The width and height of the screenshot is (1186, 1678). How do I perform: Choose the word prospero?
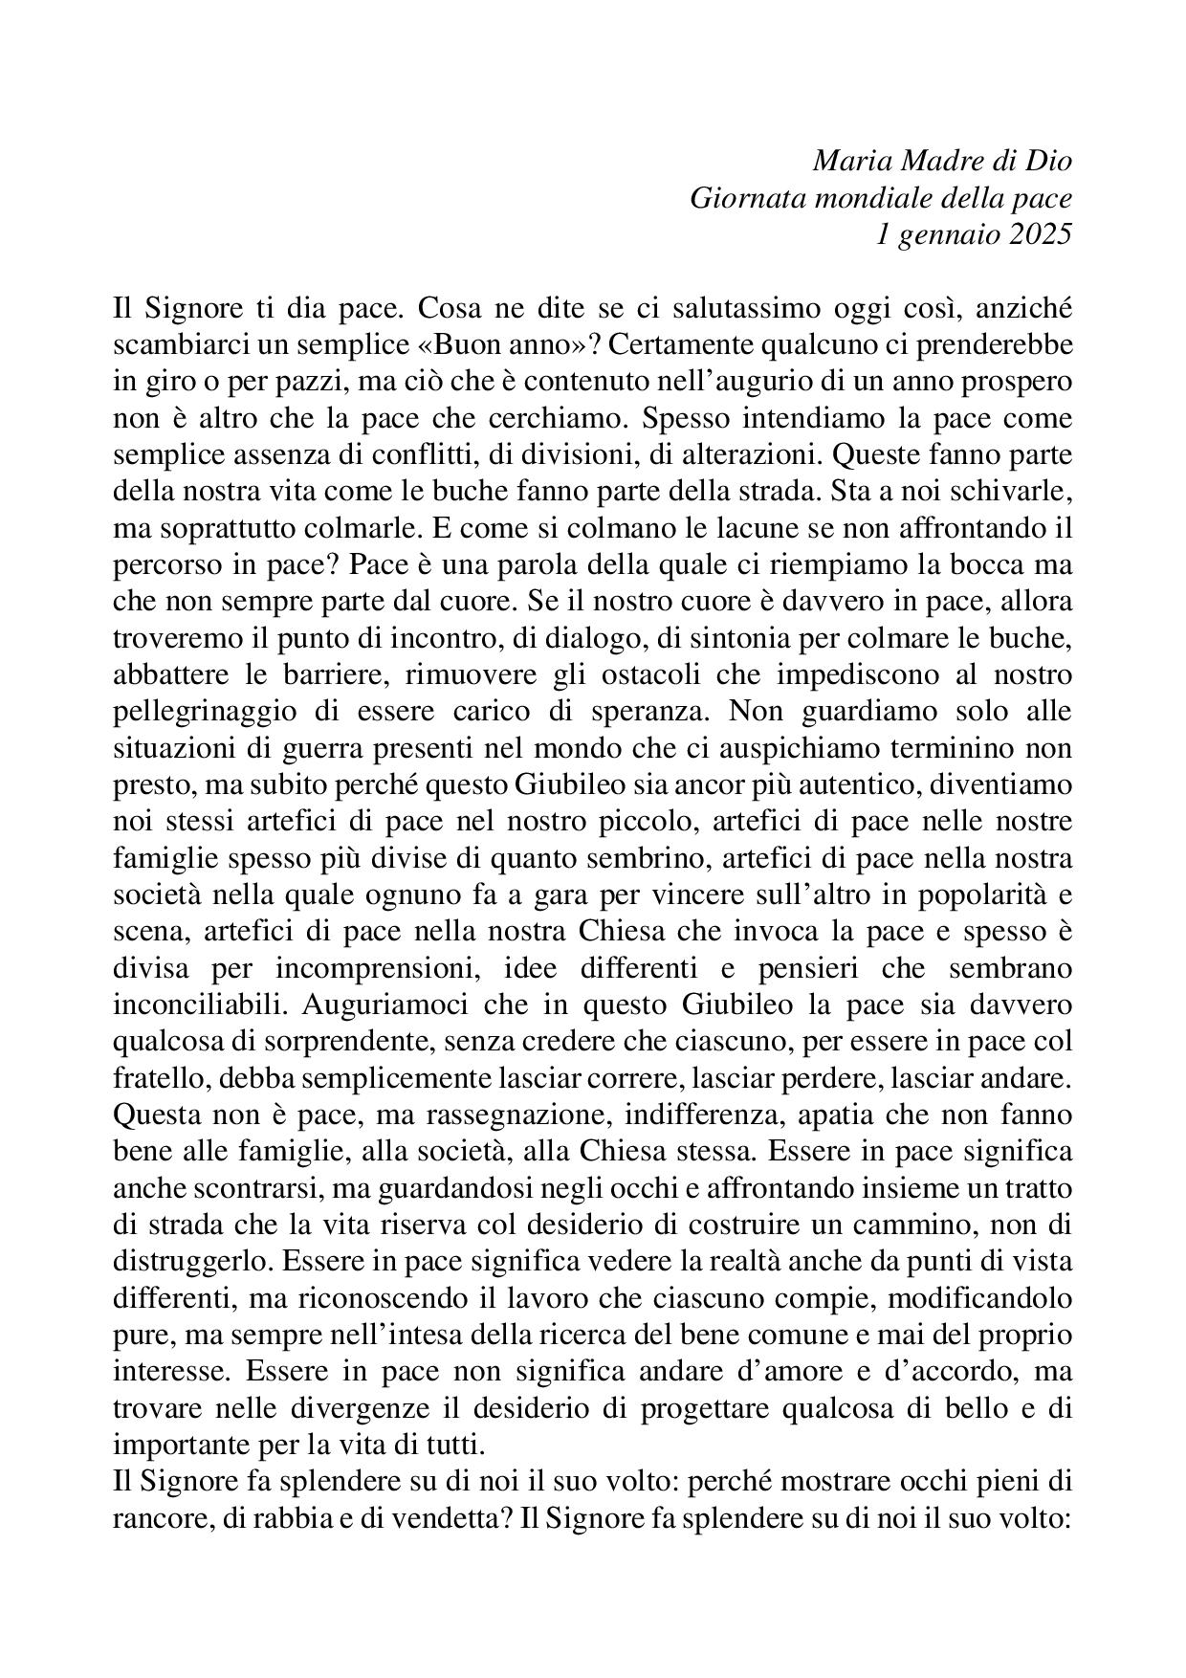(1018, 382)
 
